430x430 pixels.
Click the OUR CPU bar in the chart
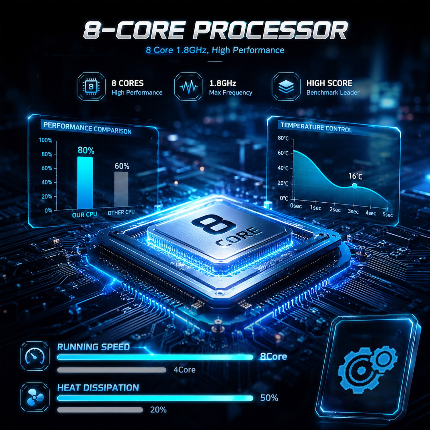tap(85, 183)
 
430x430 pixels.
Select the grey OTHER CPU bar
tap(121, 189)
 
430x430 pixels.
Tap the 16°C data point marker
tap(354, 186)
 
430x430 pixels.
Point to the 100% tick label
tap(45, 140)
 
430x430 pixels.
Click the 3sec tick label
tap(353, 211)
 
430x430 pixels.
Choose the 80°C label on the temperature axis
tap(283, 138)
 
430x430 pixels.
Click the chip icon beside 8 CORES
tap(91, 87)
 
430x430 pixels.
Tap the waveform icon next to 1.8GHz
tap(188, 87)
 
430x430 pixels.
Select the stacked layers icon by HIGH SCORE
tap(286, 87)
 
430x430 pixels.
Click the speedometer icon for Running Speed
tap(35, 356)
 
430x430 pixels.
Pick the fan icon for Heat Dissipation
tap(35, 397)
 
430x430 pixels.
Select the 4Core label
tap(184, 370)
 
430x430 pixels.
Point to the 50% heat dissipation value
tap(269, 398)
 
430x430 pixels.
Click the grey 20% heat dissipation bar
tap(100, 410)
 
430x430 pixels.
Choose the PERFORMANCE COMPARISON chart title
tap(87, 128)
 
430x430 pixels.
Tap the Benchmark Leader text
tap(333, 92)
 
